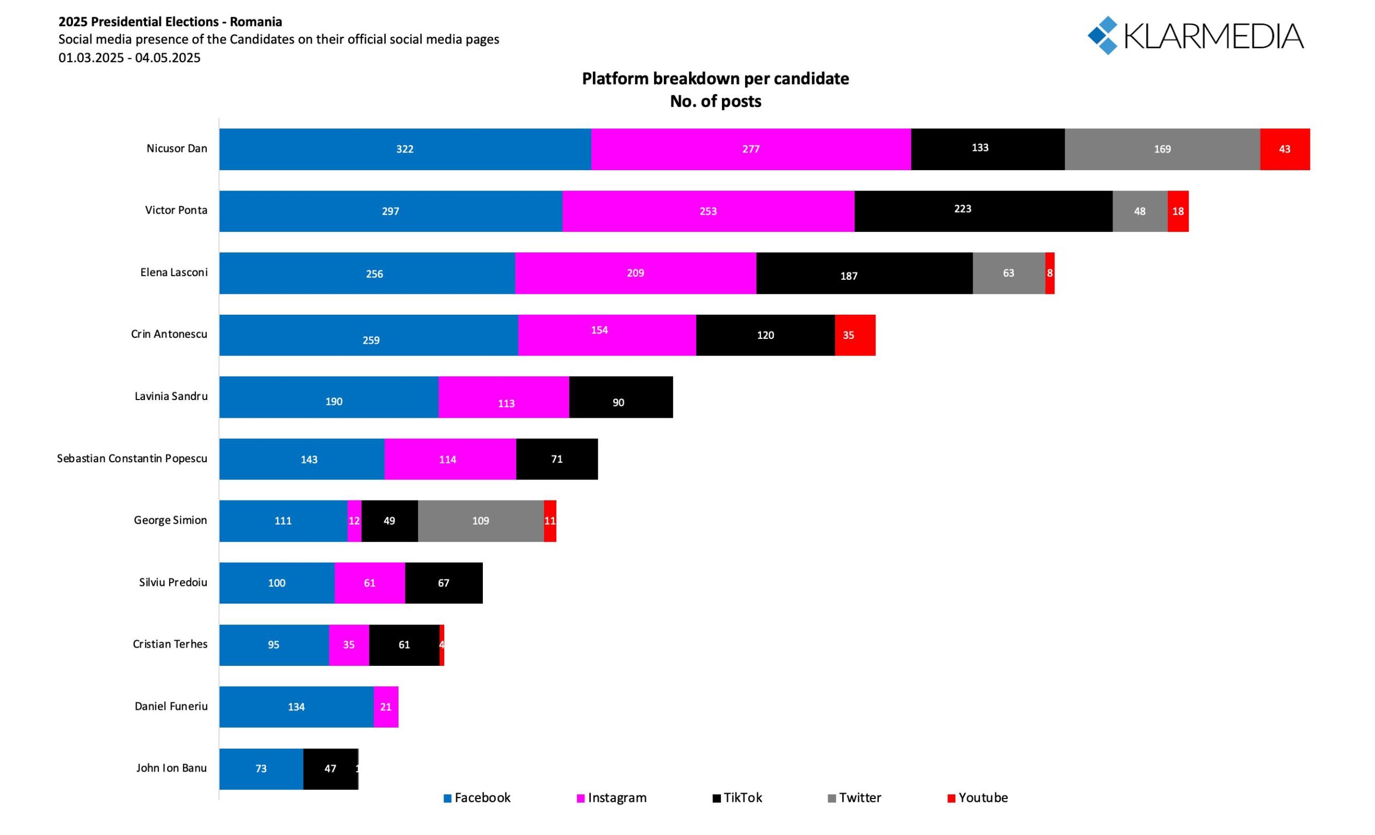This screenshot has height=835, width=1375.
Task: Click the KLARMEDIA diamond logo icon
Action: (1103, 35)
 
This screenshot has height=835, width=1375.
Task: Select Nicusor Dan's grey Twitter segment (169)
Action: (1162, 149)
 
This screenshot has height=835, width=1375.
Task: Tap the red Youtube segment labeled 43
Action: (1285, 149)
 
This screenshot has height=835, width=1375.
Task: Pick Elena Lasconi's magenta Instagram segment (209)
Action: (635, 273)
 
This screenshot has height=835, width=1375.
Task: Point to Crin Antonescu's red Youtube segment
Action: (855, 335)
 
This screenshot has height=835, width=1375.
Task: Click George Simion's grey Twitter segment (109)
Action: (481, 520)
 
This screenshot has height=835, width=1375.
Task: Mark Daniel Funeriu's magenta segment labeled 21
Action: (386, 707)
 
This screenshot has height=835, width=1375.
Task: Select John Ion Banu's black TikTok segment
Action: (330, 768)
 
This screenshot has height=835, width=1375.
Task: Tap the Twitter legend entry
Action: (855, 797)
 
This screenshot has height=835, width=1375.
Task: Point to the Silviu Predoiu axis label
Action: (173, 582)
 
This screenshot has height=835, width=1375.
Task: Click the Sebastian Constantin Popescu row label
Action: (132, 459)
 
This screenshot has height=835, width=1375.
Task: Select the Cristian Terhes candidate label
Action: (170, 644)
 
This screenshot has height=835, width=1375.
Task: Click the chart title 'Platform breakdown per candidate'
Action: (715, 78)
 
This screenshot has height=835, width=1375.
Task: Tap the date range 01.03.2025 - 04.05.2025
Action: (129, 57)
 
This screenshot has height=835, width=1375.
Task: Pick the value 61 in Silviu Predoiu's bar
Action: (370, 583)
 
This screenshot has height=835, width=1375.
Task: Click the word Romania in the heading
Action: (256, 22)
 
